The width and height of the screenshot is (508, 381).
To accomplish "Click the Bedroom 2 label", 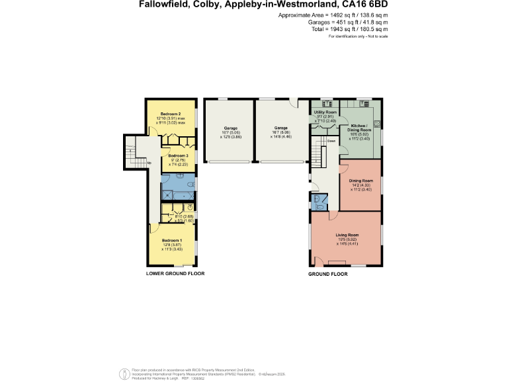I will click(170, 114).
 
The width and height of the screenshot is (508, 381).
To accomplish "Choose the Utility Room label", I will click(325, 112).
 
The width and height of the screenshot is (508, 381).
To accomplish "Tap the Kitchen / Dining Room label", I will click(359, 128).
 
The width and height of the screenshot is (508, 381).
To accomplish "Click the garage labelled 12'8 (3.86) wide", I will click(230, 128).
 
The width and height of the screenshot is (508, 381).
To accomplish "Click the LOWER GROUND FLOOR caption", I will click(175, 273).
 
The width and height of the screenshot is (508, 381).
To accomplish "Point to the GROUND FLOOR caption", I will click(328, 273).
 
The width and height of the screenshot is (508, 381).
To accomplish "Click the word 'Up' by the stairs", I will click(149, 163).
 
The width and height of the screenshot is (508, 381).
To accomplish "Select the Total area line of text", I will click(359, 29).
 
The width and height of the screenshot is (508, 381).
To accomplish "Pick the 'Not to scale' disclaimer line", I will click(358, 36).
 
